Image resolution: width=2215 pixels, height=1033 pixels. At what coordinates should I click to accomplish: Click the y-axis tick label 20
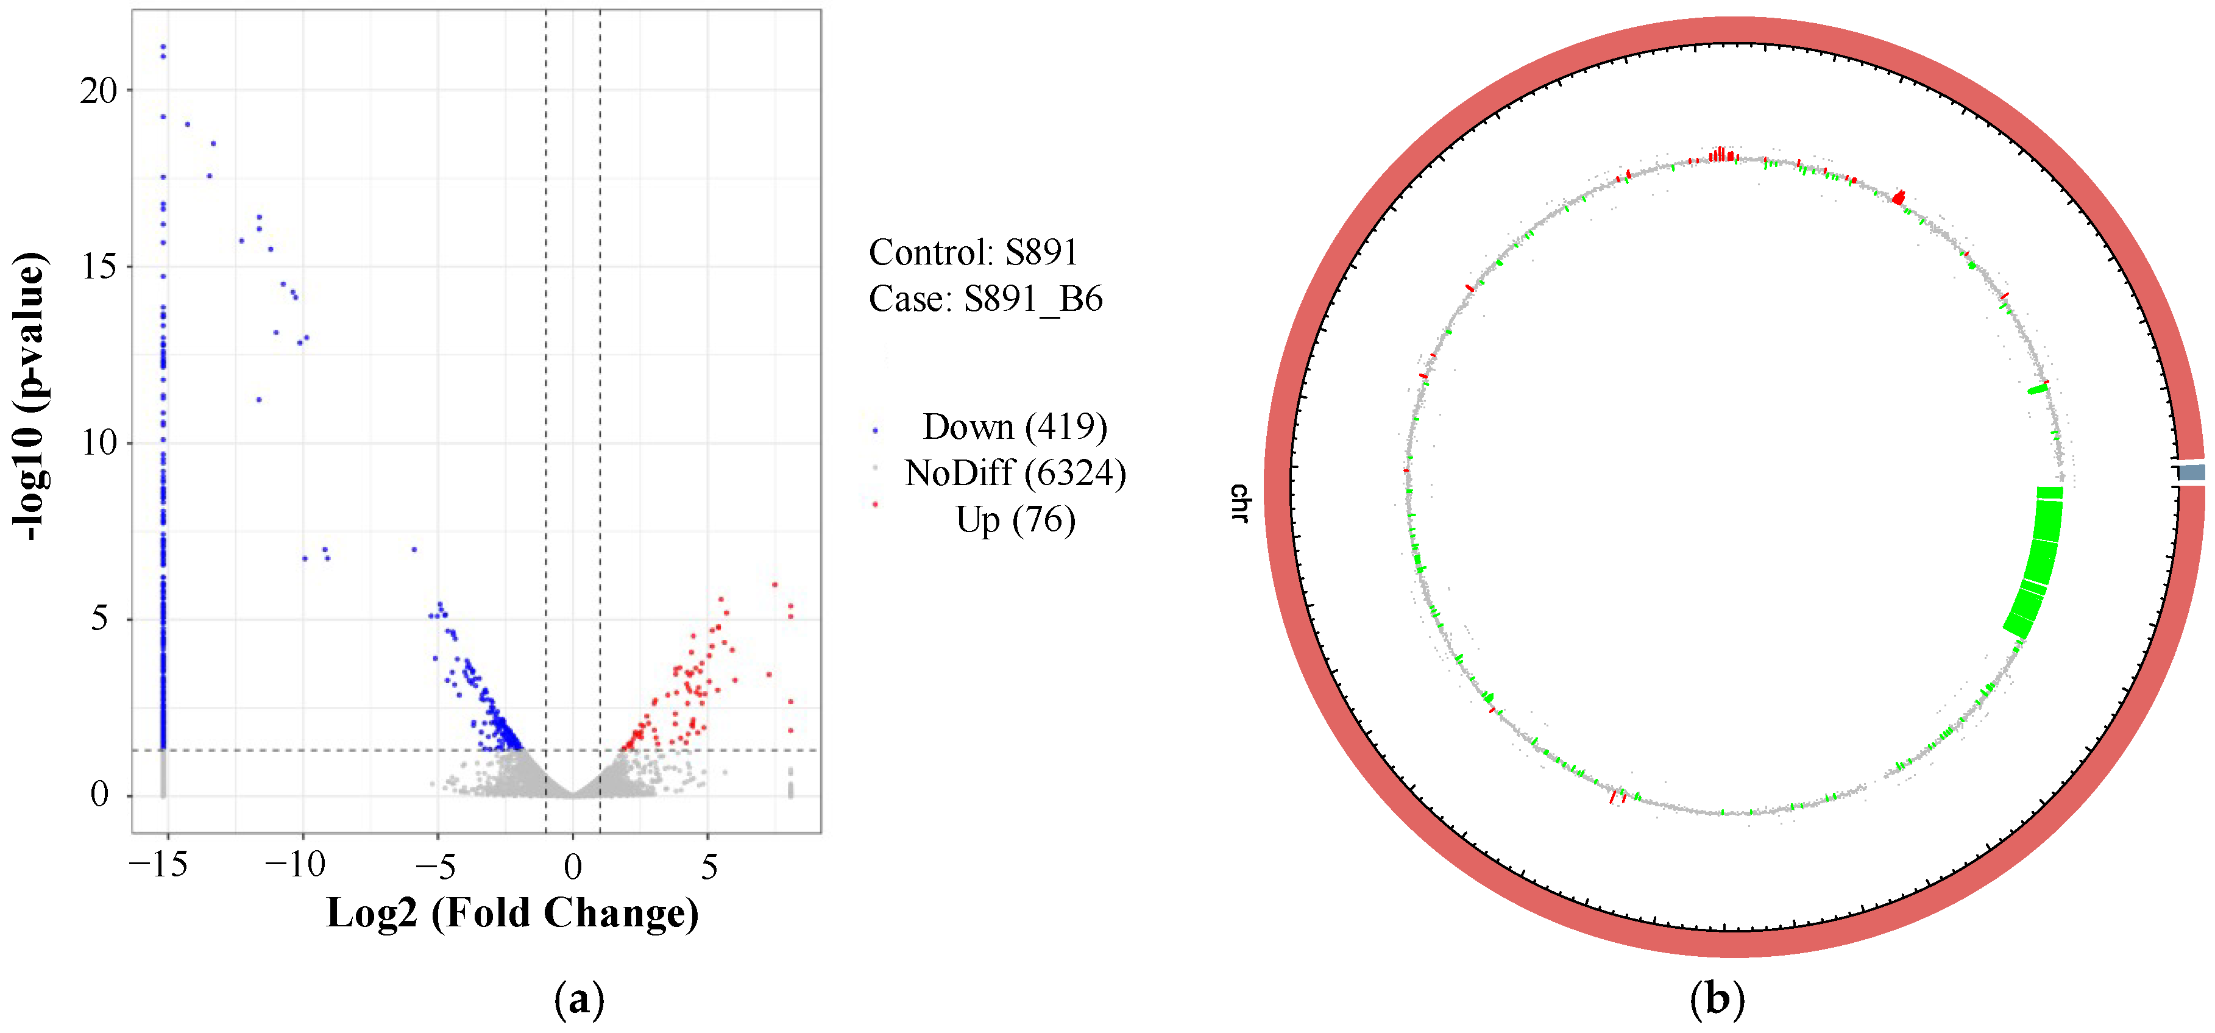(x=98, y=90)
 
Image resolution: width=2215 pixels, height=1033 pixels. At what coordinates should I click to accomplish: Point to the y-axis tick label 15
(x=98, y=267)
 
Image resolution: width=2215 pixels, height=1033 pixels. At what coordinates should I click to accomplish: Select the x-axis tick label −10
(x=294, y=864)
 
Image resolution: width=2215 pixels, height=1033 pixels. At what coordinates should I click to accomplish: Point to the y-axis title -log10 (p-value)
(x=29, y=397)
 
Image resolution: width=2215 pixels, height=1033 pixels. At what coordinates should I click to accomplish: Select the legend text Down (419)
(x=1014, y=427)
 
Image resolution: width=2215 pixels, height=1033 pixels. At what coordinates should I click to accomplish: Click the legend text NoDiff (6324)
(x=1015, y=473)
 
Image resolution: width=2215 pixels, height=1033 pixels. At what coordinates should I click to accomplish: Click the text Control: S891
(x=973, y=252)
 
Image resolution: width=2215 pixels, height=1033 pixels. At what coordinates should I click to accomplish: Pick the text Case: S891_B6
(x=985, y=299)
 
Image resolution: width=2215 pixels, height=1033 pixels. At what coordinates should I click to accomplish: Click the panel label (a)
(x=579, y=1000)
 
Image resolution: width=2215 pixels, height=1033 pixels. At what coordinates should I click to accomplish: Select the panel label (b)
(x=1717, y=1000)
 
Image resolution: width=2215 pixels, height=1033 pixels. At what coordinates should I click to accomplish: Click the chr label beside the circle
(x=1238, y=503)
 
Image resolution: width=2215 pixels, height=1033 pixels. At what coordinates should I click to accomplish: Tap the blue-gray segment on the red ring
(x=2192, y=472)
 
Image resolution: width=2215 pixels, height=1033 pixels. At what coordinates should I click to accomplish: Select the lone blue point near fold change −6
(x=414, y=548)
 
